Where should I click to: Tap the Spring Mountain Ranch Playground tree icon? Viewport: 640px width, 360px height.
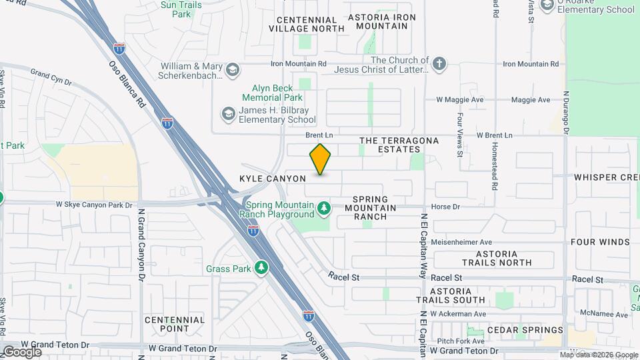pos(324,209)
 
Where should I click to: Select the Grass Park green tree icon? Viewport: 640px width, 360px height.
pos(262,268)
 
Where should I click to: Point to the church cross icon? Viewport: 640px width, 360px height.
pos(439,64)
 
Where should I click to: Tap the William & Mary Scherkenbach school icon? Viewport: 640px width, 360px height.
pos(232,70)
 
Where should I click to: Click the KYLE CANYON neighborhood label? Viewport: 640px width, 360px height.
pos(273,179)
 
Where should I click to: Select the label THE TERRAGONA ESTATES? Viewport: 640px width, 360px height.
pos(399,145)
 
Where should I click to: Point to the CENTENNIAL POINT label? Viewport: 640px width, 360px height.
pos(174,325)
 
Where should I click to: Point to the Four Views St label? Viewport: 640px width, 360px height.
pos(460,134)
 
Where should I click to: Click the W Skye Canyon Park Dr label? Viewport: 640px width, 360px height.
pos(94,203)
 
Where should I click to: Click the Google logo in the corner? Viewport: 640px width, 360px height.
pos(21,351)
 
